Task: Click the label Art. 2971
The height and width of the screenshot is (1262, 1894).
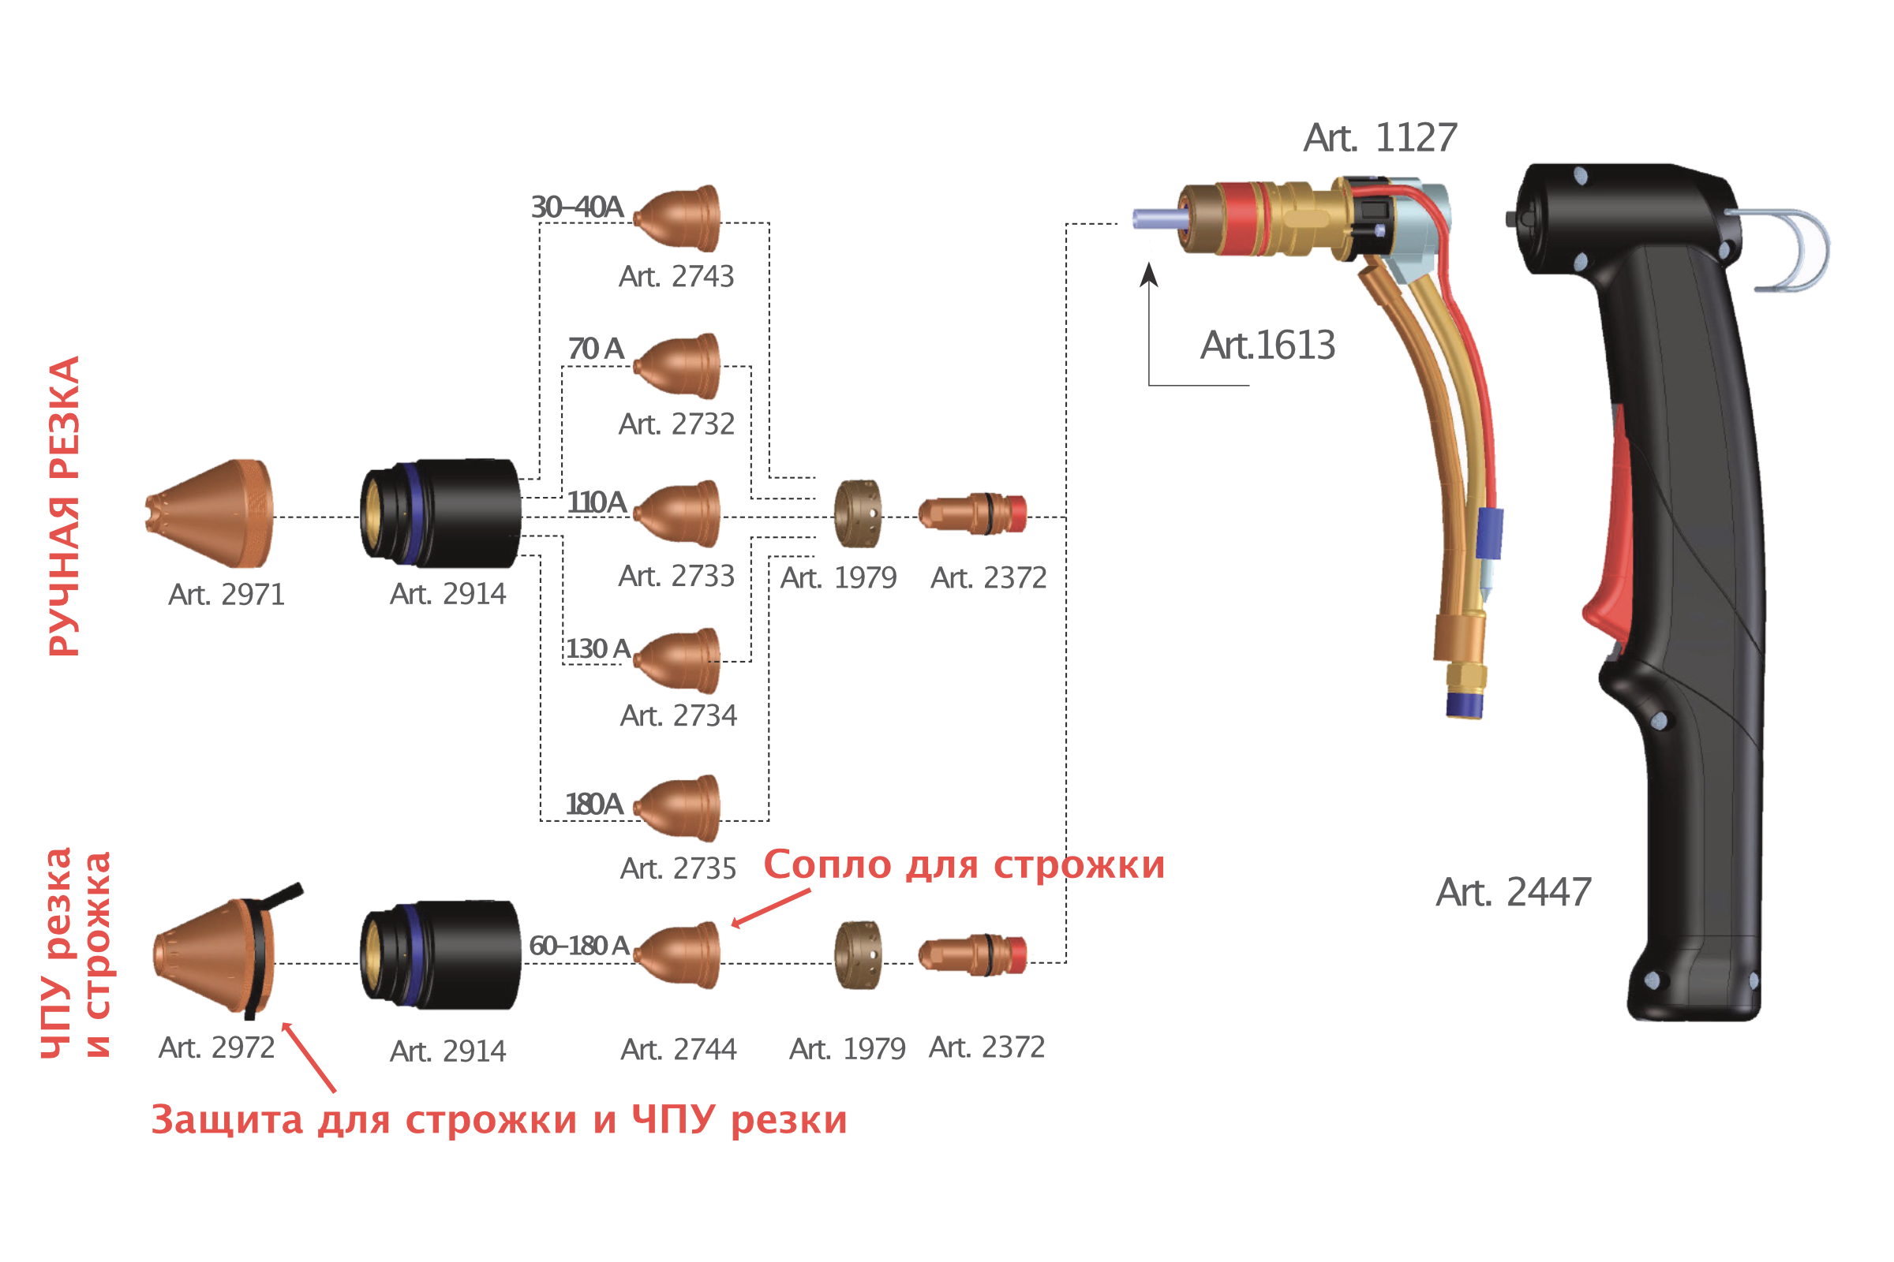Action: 226,595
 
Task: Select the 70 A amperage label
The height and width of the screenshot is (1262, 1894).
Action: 596,349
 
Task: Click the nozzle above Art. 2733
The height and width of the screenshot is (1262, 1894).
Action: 677,513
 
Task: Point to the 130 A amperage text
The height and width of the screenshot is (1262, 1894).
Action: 597,648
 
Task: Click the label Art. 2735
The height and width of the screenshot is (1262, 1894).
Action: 678,868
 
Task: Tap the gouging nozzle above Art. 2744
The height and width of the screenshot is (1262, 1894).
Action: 677,955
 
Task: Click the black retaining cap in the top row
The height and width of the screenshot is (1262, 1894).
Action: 440,513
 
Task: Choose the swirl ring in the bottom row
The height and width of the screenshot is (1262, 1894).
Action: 858,955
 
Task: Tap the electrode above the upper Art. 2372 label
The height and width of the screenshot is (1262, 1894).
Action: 973,513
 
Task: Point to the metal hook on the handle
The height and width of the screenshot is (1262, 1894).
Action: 1784,249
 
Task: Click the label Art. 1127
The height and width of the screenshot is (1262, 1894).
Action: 1380,137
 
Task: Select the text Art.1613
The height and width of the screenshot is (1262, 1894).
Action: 1267,345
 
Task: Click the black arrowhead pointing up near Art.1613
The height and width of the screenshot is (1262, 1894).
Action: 1149,274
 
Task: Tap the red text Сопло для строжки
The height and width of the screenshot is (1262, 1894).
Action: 964,865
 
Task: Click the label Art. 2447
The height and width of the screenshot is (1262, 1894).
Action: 1514,893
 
